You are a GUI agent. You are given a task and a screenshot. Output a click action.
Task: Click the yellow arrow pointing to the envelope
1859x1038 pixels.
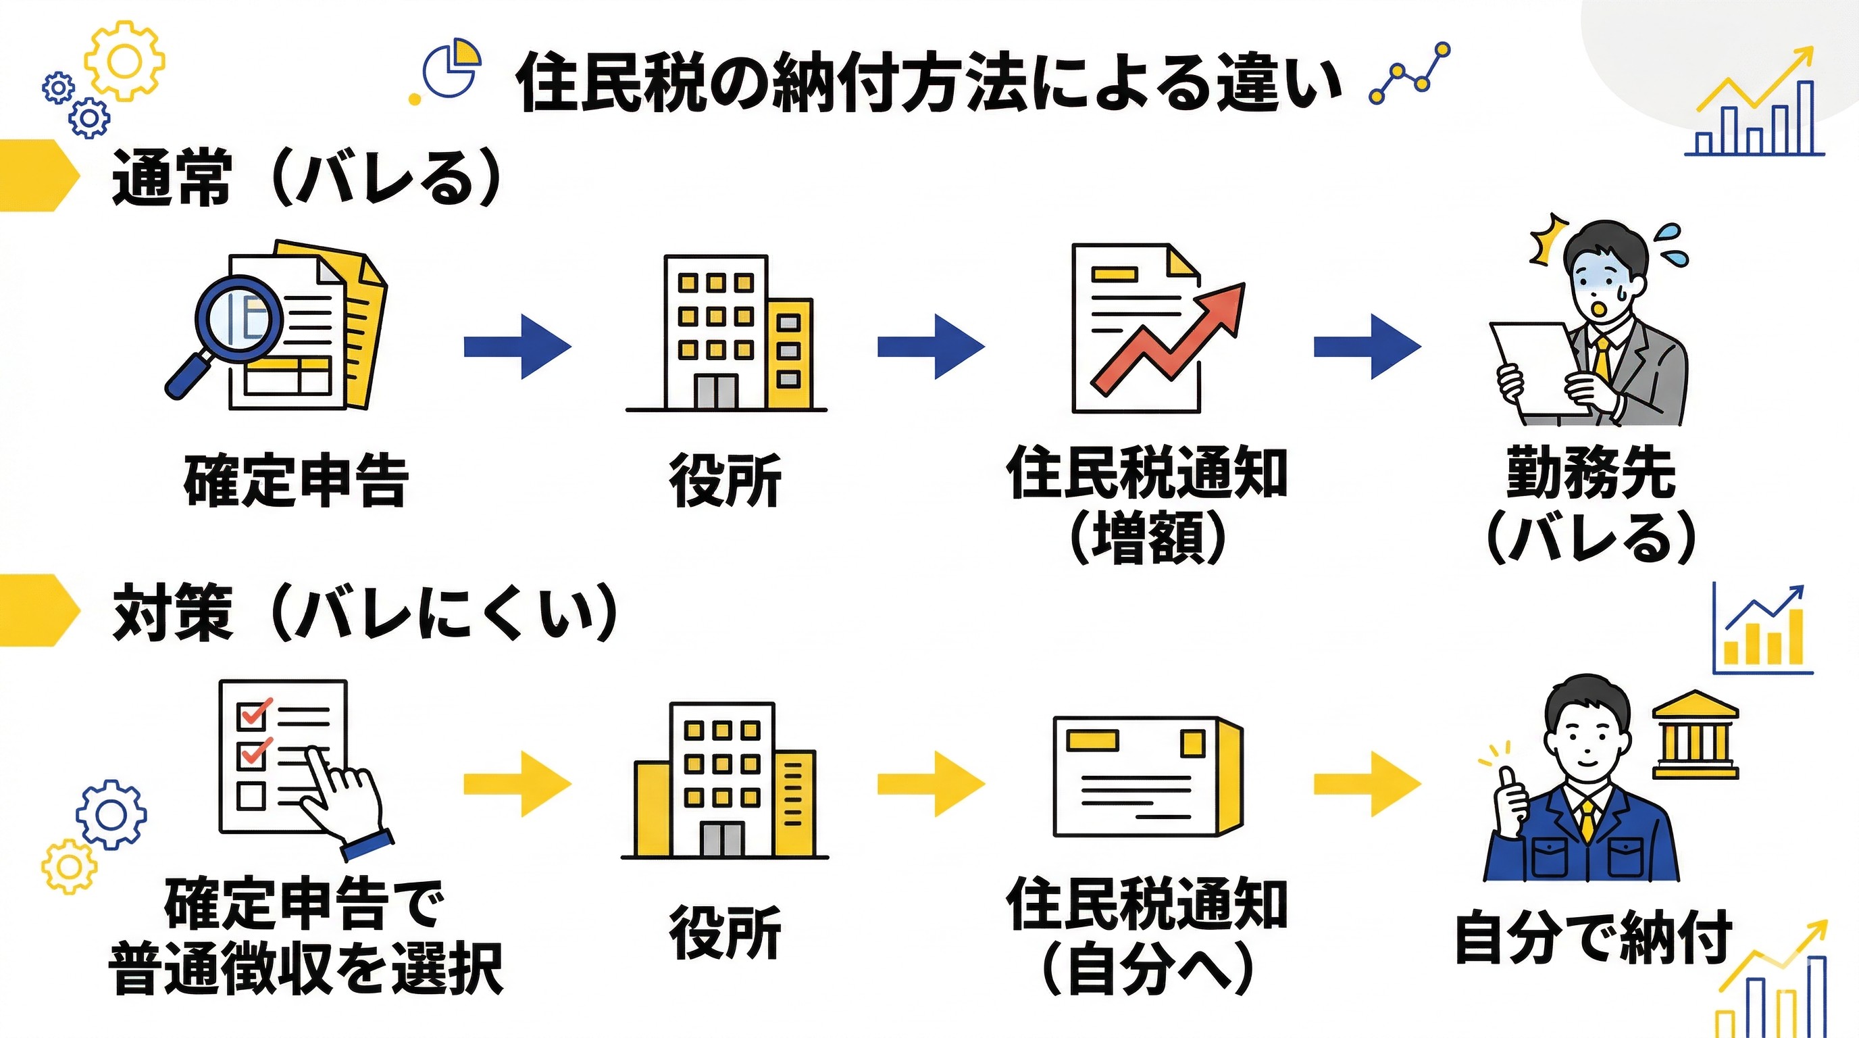pos(931,783)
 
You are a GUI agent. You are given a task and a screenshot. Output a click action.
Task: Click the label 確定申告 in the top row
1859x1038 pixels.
pos(296,480)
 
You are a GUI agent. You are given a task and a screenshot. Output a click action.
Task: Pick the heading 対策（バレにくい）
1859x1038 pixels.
pos(365,613)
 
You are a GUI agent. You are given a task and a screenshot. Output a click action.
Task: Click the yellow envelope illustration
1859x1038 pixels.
pos(1148,776)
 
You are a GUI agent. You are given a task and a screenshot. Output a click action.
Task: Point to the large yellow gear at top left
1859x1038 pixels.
pos(124,61)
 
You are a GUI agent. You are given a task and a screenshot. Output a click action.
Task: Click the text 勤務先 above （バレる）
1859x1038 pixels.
pos(1591,474)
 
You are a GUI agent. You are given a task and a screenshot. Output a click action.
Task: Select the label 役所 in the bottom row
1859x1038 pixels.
pos(725,932)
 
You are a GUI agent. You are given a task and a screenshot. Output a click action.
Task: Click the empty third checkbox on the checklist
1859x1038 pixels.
pos(251,797)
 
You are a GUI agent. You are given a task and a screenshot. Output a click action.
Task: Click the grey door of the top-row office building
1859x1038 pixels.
pos(716,391)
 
